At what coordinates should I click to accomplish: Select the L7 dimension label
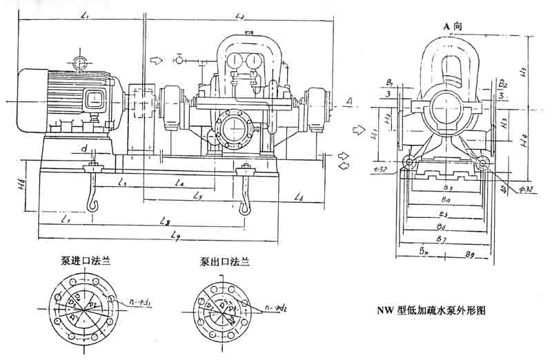pyautogui.click(x=64, y=220)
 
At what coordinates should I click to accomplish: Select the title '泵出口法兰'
pyautogui.click(x=225, y=262)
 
